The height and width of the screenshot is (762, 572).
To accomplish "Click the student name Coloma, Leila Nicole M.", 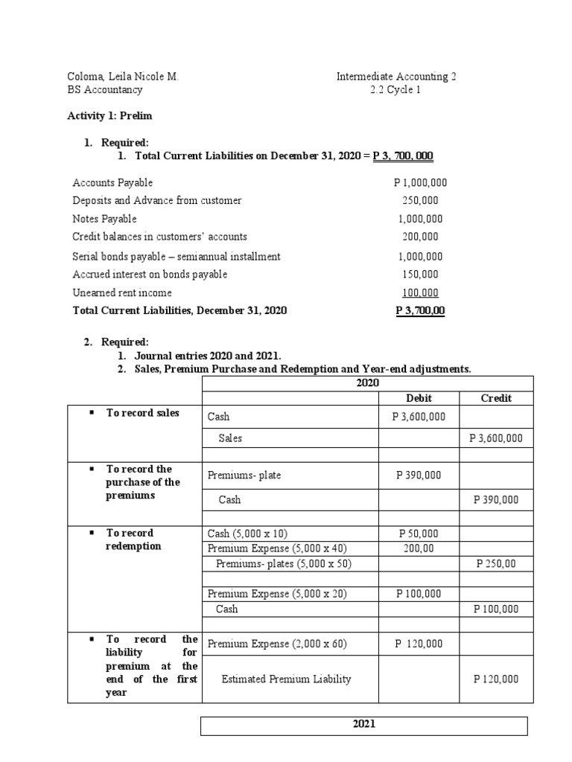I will [x=123, y=77].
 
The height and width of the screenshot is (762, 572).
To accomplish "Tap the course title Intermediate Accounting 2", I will [x=401, y=77].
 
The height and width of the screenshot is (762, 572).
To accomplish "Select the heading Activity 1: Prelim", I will [x=109, y=116].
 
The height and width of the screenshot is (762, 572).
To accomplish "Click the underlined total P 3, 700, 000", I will [x=403, y=156].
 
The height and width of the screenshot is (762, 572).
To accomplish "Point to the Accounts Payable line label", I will [x=112, y=182].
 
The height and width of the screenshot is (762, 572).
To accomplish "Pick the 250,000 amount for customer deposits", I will [x=419, y=200].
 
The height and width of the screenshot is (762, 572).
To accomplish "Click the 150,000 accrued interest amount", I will [x=419, y=274].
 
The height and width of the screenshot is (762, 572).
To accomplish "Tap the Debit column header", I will [x=419, y=398].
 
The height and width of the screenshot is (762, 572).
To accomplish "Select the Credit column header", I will [x=496, y=398].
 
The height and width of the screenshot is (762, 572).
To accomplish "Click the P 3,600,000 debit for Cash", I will [x=419, y=417].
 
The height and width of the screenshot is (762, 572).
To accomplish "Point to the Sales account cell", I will [x=230, y=438].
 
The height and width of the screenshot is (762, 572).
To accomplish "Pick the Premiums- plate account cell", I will [x=244, y=475].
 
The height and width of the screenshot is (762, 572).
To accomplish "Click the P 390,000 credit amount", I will [x=496, y=499].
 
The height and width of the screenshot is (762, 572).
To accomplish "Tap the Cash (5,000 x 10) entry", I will [x=247, y=534].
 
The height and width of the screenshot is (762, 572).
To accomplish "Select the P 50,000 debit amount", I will [x=419, y=534].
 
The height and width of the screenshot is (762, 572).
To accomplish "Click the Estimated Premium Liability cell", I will [x=286, y=679].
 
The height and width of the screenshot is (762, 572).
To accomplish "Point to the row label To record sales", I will [x=142, y=413].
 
